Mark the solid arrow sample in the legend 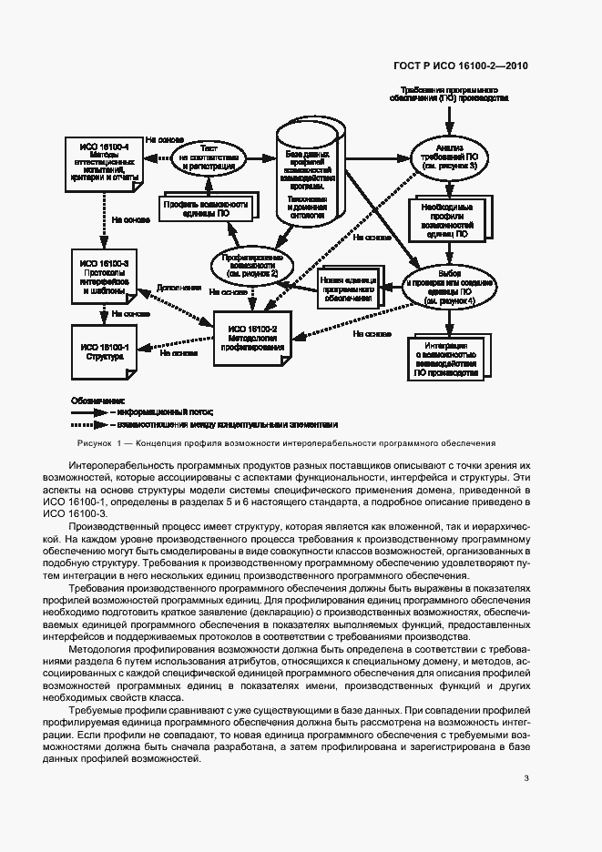click(88, 411)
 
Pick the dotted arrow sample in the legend click(88, 423)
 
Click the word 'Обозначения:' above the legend click(98, 399)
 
